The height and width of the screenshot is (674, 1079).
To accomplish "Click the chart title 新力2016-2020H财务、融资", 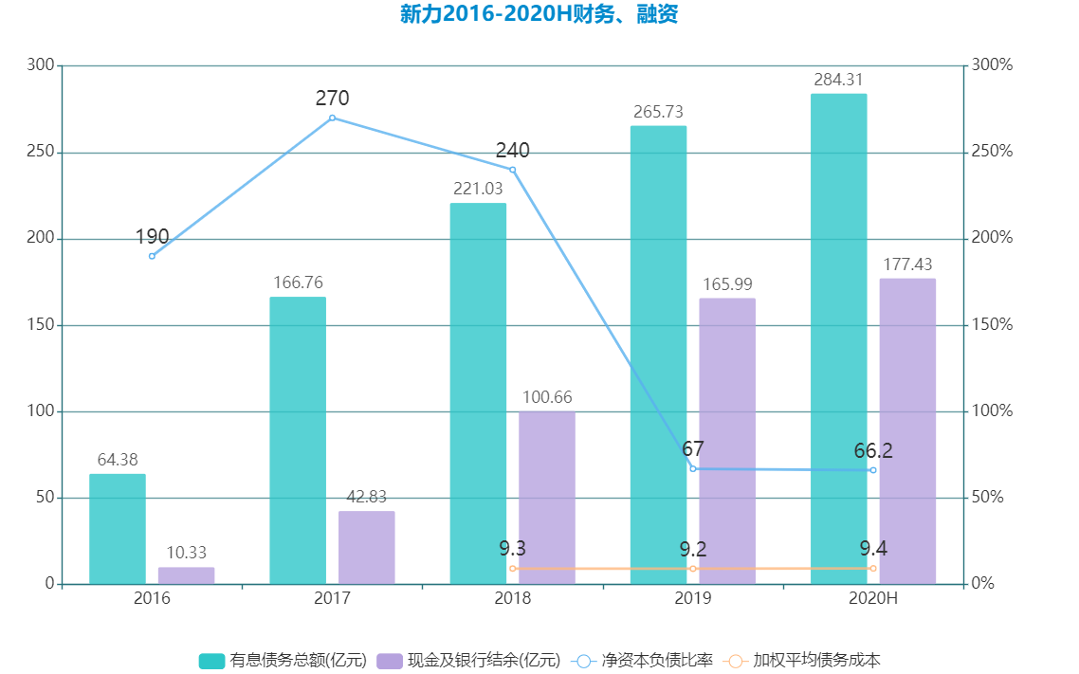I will (539, 15).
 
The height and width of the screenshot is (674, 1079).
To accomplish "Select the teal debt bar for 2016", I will (118, 529).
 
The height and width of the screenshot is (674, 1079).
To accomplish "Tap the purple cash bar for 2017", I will (366, 548).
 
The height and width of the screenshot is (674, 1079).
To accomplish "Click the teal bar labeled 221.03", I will (478, 393).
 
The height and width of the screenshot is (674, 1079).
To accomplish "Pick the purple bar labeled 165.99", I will (727, 441).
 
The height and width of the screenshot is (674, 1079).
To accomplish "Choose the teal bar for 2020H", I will (838, 338).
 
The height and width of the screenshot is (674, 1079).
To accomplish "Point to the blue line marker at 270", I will (332, 118).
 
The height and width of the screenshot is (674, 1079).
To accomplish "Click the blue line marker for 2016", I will (152, 256).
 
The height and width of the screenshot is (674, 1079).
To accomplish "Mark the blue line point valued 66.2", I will (872, 470).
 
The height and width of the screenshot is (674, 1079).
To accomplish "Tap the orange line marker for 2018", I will (513, 569).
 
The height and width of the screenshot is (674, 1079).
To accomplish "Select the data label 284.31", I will (838, 80).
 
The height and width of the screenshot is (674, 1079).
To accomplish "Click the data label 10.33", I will (186, 553).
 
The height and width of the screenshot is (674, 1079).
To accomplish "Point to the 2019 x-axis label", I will (692, 599).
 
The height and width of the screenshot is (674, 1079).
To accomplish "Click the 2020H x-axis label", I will (872, 599).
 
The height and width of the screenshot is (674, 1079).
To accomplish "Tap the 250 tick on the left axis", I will (41, 152).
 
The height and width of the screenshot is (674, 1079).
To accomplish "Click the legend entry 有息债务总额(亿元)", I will (283, 661).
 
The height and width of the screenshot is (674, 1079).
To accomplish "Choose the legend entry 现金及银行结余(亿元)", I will (468, 661).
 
